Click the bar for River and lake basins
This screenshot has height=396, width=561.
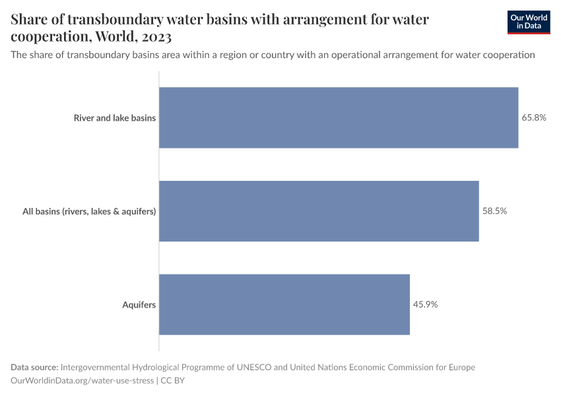pyautogui.click(x=339, y=117)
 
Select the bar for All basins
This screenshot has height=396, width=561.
pyautogui.click(x=319, y=211)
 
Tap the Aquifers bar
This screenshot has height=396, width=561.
pyautogui.click(x=284, y=304)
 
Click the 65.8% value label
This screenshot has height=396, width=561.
pyautogui.click(x=534, y=117)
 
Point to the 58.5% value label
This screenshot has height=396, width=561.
pyautogui.click(x=494, y=211)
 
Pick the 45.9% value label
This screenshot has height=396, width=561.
pyautogui.click(x=426, y=304)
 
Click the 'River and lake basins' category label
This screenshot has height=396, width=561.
pyautogui.click(x=115, y=118)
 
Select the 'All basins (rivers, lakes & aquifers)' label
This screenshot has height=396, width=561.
pyautogui.click(x=89, y=212)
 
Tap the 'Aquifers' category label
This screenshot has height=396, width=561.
pyautogui.click(x=139, y=305)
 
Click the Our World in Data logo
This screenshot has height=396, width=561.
pyautogui.click(x=528, y=22)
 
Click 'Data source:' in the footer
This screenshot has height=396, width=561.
pyautogui.click(x=34, y=367)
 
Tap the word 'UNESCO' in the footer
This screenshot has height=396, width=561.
pyautogui.click(x=254, y=367)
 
